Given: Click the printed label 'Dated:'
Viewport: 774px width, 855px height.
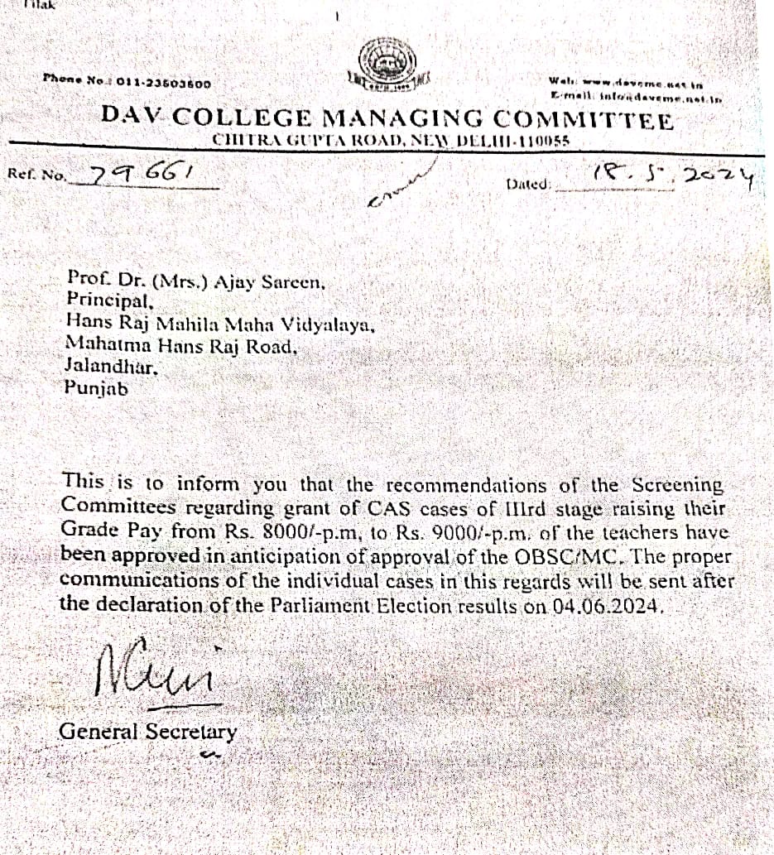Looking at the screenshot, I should [528, 184].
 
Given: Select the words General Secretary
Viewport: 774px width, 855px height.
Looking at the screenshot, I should [148, 732].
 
